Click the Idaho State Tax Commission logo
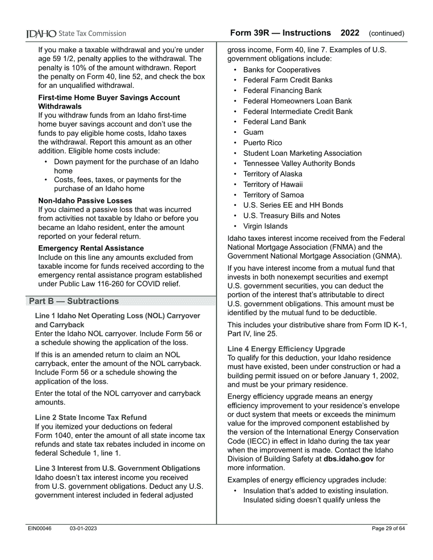click(76, 34)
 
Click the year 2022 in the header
click(350, 33)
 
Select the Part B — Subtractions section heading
click(74, 301)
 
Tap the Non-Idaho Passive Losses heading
click(85, 201)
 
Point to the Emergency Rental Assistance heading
click(91, 248)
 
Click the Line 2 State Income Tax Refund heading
click(91, 417)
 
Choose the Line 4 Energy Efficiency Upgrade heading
click(286, 349)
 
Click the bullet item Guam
click(253, 132)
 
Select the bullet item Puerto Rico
click(262, 143)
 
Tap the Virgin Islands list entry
click(265, 226)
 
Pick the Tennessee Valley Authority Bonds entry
click(299, 163)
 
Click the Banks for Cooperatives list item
click(281, 70)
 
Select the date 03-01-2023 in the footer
click(83, 529)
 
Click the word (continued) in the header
click(387, 34)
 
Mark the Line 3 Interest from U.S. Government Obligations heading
click(118, 468)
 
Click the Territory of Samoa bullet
click(273, 195)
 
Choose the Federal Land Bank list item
click(274, 122)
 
